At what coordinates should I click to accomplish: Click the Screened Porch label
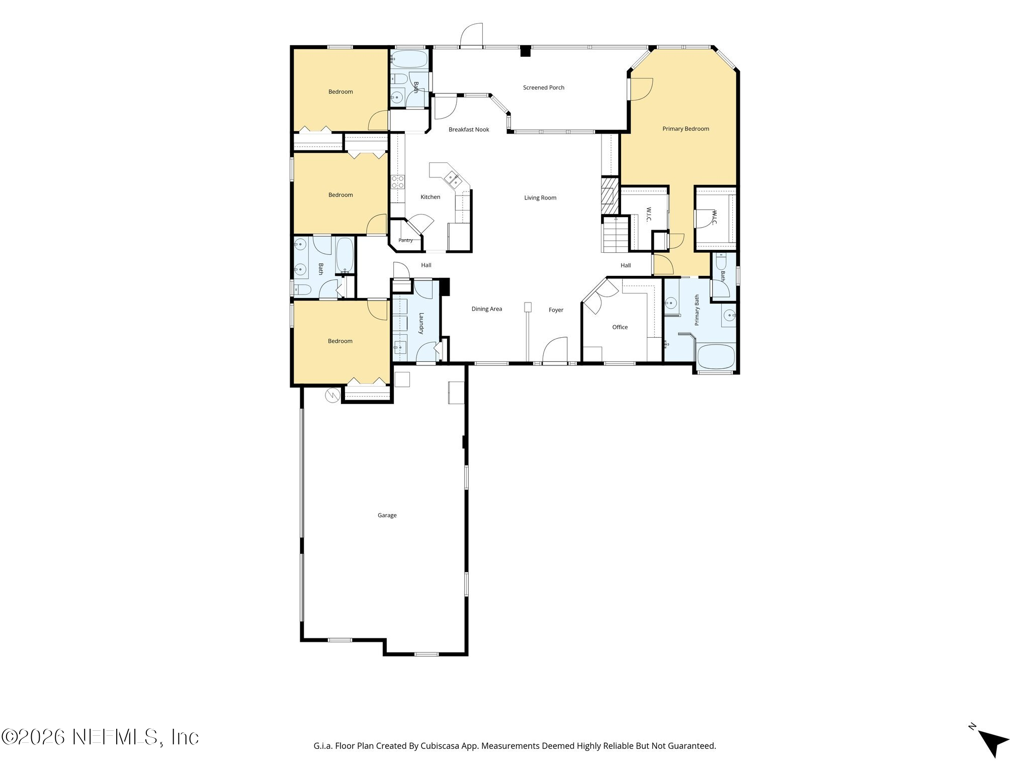[544, 87]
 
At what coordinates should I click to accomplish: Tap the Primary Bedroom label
[685, 129]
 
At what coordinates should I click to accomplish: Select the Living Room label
[540, 198]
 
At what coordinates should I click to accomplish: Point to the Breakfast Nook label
[469, 129]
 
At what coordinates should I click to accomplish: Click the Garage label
[387, 515]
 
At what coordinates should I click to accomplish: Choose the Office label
[620, 327]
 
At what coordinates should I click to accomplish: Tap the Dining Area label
[487, 309]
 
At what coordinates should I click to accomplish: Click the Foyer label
[556, 310]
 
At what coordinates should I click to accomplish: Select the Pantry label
[405, 240]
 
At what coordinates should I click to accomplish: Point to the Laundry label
[421, 323]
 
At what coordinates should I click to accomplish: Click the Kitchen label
[430, 197]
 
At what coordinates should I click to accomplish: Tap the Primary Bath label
[697, 310]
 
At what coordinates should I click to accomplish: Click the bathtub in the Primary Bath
[716, 356]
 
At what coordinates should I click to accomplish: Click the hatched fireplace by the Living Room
[610, 195]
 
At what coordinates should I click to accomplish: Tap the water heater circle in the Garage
[332, 396]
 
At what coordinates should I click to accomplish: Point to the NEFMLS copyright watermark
[100, 737]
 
